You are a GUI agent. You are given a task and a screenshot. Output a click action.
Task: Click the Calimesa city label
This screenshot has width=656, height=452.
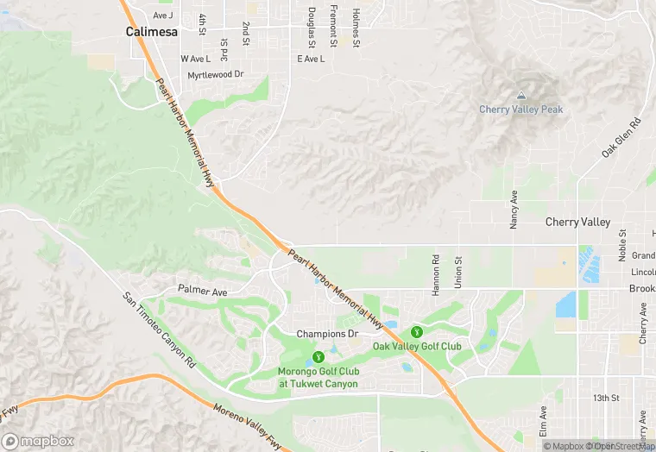tap(152, 31)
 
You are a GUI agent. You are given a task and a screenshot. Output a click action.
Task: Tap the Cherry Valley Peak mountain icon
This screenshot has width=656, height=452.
tap(520, 95)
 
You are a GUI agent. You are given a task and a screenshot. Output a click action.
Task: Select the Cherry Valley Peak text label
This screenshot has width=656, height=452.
tap(521, 110)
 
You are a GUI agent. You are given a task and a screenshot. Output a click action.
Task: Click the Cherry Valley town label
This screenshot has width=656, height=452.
tap(577, 222)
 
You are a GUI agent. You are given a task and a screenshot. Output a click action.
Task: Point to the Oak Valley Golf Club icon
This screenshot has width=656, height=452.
tap(417, 332)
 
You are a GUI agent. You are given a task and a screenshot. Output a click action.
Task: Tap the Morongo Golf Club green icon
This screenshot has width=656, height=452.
tap(319, 355)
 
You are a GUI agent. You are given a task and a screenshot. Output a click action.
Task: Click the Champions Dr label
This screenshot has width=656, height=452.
tap(327, 334)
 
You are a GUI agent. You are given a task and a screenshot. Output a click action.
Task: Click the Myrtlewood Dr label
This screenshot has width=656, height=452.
tap(216, 75)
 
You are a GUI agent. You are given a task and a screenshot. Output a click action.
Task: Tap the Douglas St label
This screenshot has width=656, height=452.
tap(312, 28)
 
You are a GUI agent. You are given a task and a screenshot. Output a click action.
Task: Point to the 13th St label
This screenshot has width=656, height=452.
tap(607, 398)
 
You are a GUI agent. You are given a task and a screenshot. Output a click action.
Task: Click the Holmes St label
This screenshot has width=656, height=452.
tap(356, 28)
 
